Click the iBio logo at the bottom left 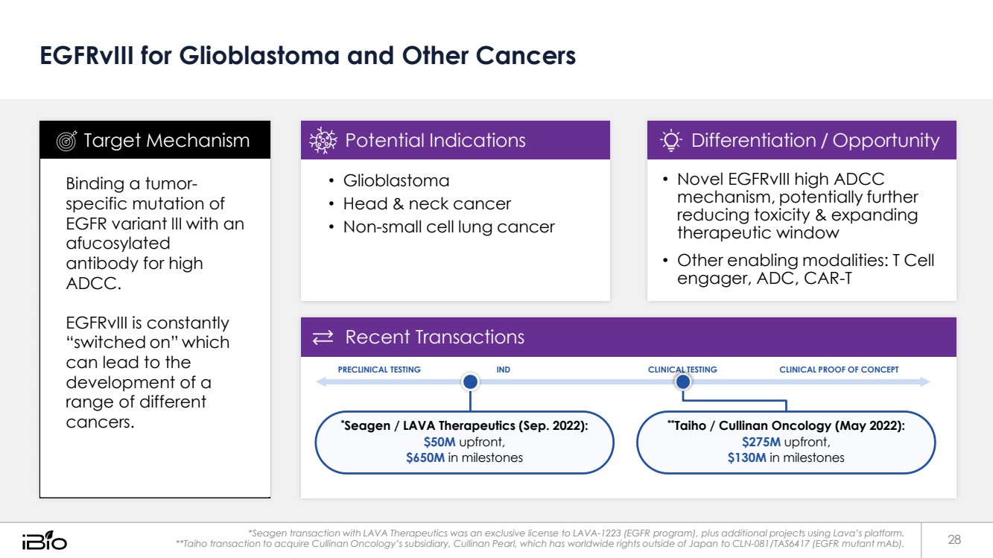pos(44,539)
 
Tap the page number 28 pos(954,539)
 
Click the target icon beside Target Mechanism pos(66,141)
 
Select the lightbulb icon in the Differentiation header pos(671,141)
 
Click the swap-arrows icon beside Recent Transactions pos(323,338)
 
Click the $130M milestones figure pos(746,457)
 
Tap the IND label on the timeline pos(503,370)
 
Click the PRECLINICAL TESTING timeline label pos(379,370)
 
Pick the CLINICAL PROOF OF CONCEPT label pos(839,370)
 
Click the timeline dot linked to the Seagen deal pos(470,382)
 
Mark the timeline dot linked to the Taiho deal pos(683,382)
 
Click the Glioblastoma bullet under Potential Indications pos(396,181)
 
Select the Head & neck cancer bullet pos(427,204)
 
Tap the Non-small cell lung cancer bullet pos(448,227)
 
